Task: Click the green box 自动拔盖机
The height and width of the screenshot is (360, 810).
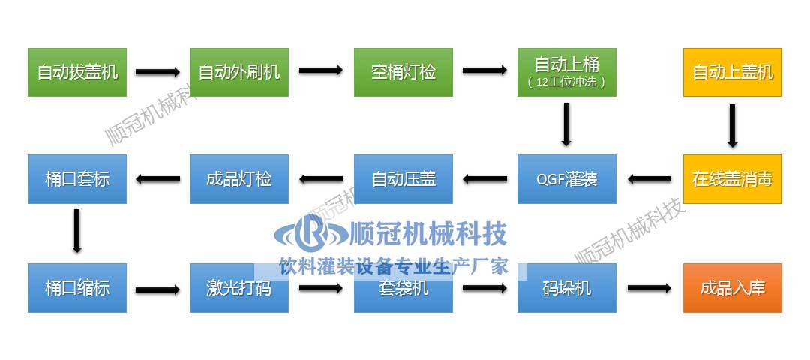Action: (x=77, y=72)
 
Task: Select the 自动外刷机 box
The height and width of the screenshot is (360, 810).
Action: (x=239, y=72)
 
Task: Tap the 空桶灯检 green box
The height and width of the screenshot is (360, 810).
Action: (x=403, y=72)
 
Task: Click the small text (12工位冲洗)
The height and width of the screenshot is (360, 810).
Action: (x=566, y=82)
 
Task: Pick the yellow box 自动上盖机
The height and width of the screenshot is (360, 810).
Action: (x=732, y=72)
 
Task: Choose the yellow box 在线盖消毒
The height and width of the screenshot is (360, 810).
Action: (x=732, y=179)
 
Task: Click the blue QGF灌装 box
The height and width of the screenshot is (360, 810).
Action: (x=566, y=179)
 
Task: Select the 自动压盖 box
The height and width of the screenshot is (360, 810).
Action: (x=403, y=179)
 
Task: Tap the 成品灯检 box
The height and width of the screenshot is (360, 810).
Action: (x=239, y=179)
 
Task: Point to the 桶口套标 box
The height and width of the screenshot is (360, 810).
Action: (x=77, y=179)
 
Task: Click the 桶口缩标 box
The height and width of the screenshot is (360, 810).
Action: (x=77, y=288)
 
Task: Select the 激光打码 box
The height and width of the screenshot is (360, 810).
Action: (x=239, y=288)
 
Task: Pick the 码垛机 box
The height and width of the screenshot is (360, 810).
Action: (x=566, y=288)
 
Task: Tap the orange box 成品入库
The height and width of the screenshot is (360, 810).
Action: (x=732, y=288)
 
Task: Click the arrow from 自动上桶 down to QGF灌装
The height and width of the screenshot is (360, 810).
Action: (x=566, y=124)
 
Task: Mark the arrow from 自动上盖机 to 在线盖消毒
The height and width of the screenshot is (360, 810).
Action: (x=732, y=124)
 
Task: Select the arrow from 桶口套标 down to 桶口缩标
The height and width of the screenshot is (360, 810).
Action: (x=76, y=232)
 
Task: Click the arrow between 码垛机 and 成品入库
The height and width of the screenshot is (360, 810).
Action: (x=649, y=288)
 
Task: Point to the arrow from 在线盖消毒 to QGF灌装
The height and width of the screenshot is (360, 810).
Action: (x=649, y=179)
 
